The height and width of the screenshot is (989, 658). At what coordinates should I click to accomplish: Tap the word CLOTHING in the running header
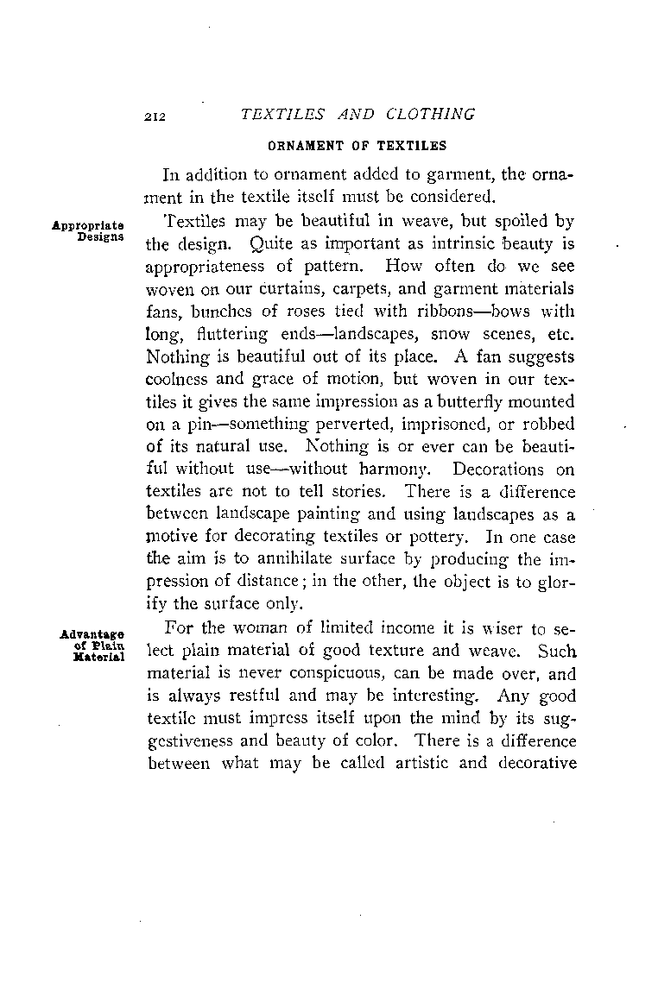(x=431, y=115)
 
